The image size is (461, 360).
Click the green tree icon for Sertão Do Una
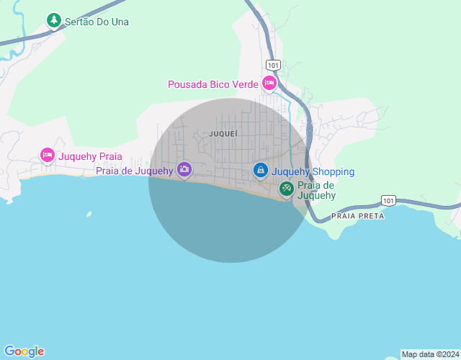54,20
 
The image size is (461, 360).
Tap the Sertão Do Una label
97,22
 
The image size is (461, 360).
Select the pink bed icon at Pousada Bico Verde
269,84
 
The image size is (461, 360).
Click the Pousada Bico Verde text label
212,84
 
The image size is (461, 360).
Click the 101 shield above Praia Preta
388,199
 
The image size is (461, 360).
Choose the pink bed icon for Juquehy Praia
48,155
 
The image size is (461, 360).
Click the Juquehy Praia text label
90,156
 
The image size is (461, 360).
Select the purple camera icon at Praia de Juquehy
184,169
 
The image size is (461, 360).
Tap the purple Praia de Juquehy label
135,171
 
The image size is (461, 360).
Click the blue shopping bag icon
261,170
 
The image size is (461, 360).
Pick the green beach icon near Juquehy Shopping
286,189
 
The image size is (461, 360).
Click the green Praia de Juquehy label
317,190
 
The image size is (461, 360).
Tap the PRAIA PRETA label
358,215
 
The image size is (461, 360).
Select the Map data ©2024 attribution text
430,354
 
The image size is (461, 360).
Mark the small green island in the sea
89,213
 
